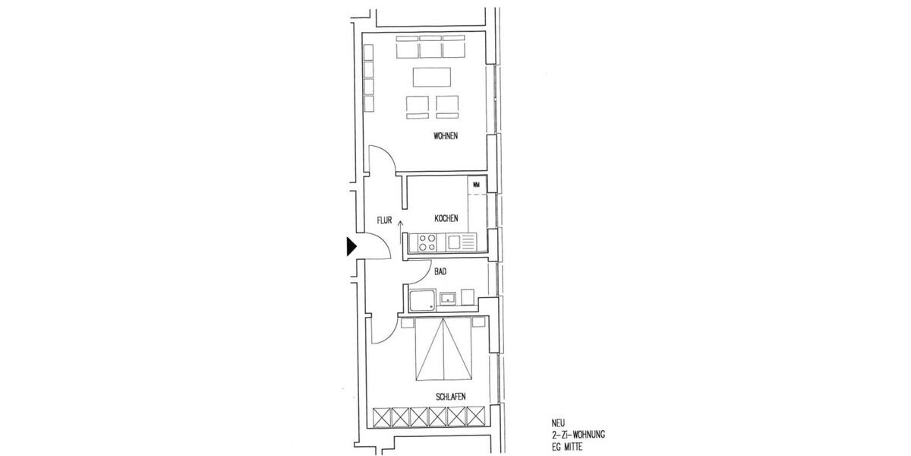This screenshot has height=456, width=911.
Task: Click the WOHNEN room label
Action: click(446, 137)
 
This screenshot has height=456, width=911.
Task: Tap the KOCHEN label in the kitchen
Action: click(446, 219)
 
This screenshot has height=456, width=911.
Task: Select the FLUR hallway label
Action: click(384, 221)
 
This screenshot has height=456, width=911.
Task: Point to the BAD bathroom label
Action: click(440, 271)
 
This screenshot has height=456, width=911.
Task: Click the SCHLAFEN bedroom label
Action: click(450, 397)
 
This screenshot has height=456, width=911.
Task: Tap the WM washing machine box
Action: click(477, 185)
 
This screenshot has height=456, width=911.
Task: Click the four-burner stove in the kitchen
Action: click(425, 243)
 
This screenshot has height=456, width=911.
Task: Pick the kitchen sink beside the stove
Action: click(455, 242)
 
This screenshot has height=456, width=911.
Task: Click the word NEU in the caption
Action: click(558, 423)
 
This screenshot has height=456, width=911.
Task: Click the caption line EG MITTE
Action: click(569, 446)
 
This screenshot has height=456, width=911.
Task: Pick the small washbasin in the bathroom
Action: click(448, 299)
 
